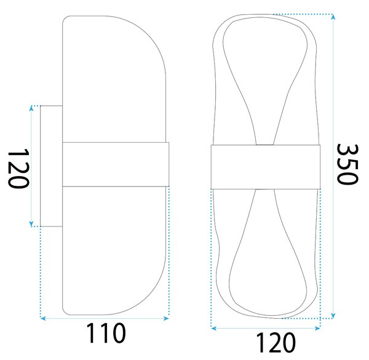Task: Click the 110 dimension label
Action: (x=106, y=333)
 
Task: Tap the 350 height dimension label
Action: (x=347, y=164)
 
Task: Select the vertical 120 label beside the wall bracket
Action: (x=18, y=168)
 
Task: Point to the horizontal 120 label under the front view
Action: (x=276, y=342)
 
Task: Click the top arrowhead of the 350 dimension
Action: (x=333, y=17)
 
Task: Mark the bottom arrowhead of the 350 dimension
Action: (x=333, y=316)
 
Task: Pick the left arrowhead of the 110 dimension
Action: (x=43, y=318)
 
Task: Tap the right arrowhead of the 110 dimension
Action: (x=167, y=318)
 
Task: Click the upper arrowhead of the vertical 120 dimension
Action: (x=31, y=108)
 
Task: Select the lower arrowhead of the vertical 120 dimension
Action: (x=31, y=224)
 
